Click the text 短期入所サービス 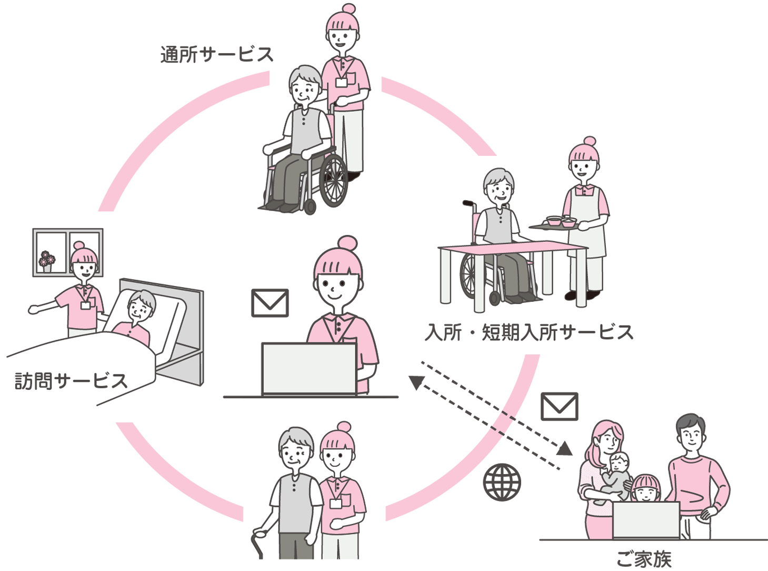click(x=557, y=332)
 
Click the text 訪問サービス click(x=71, y=381)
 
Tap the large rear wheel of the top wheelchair click(x=333, y=181)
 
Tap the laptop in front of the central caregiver click(x=310, y=369)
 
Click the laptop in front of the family click(x=646, y=519)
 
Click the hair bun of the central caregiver click(x=347, y=243)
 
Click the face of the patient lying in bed click(x=141, y=309)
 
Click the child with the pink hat click(x=645, y=489)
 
